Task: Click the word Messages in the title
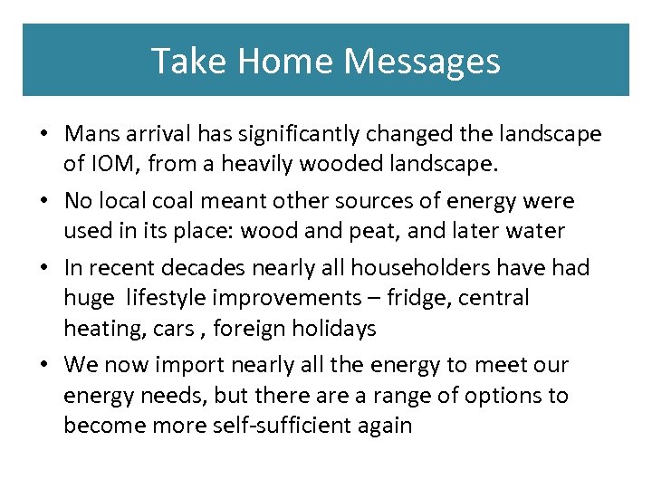pos(422,61)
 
